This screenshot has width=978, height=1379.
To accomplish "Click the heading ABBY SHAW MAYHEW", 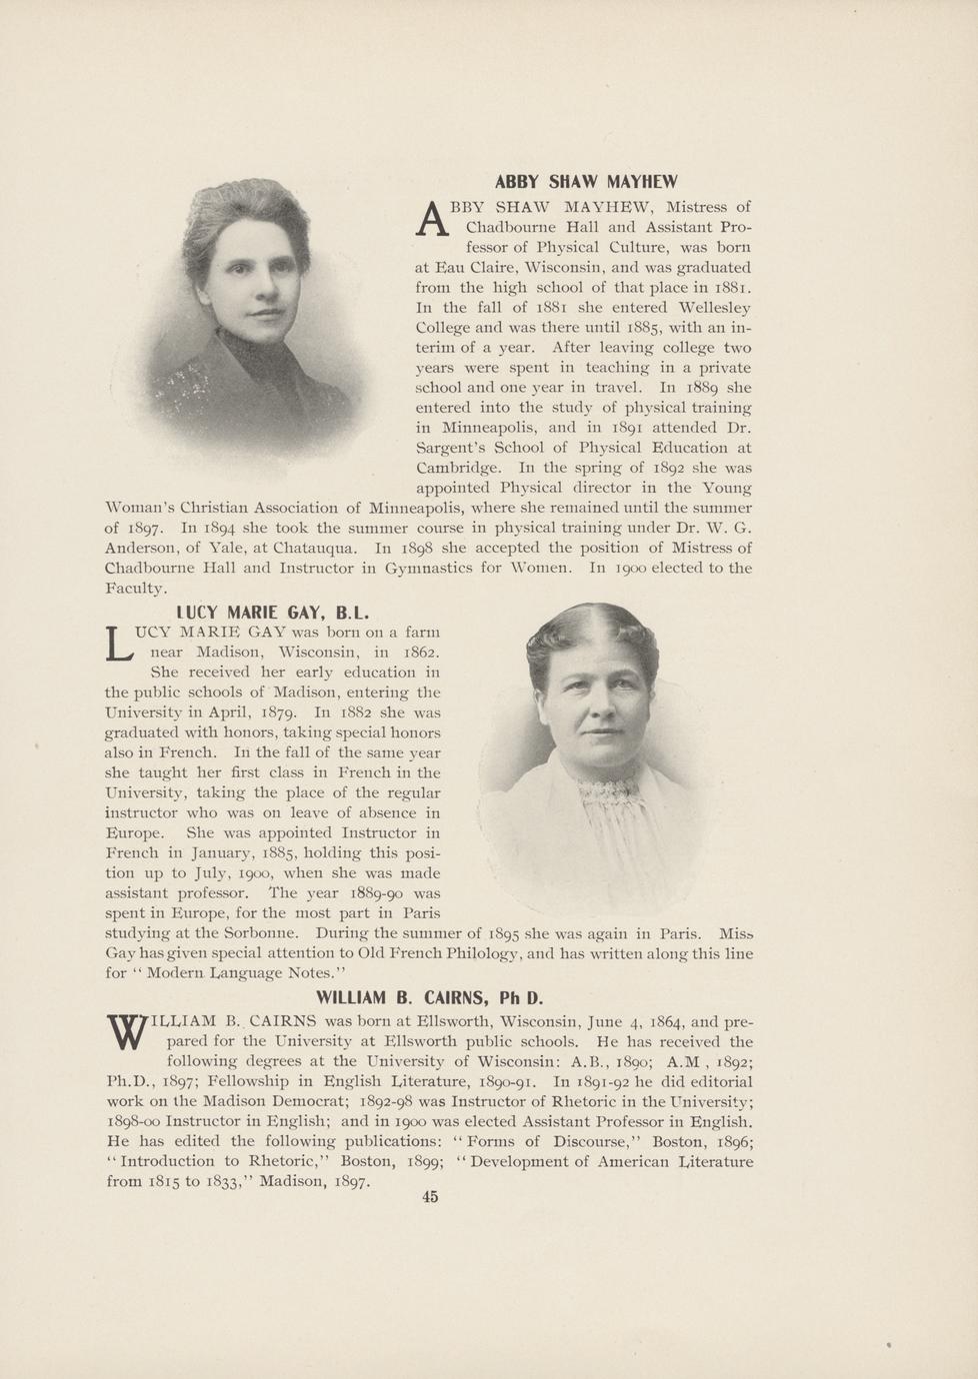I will pos(586,182).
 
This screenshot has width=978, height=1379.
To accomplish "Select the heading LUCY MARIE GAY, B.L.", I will pos(273,612).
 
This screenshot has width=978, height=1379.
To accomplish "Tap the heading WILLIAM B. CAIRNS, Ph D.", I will pos(429,997).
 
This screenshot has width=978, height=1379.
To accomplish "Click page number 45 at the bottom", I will pos(430,1197).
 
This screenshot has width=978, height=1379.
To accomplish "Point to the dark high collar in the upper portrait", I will pos(248,356).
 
